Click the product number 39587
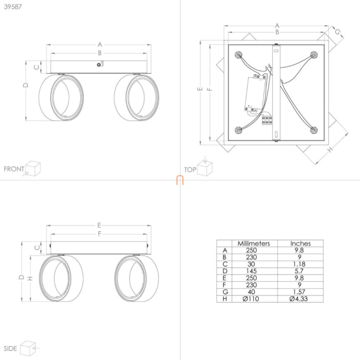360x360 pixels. [x=13, y=7]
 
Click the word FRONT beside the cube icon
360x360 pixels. [x=14, y=169]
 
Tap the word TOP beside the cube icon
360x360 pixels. [x=190, y=170]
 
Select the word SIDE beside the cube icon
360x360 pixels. [x=10, y=349]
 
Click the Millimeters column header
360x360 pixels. [x=254, y=243]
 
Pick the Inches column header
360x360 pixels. [x=300, y=243]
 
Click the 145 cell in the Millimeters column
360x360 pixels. [x=251, y=271]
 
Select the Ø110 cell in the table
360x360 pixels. [x=251, y=299]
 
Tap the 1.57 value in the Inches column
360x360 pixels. [x=299, y=292]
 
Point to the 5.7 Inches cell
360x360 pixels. [x=299, y=271]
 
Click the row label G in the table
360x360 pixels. [x=225, y=292]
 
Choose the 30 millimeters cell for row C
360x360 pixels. [x=251, y=264]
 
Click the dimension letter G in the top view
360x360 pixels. [x=337, y=32]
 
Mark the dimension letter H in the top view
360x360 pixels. [x=330, y=150]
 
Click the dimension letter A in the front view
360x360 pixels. [x=100, y=44]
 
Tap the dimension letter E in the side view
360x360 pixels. [x=99, y=225]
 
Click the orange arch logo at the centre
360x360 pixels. [x=180, y=180]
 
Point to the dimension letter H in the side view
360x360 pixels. [x=30, y=278]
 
